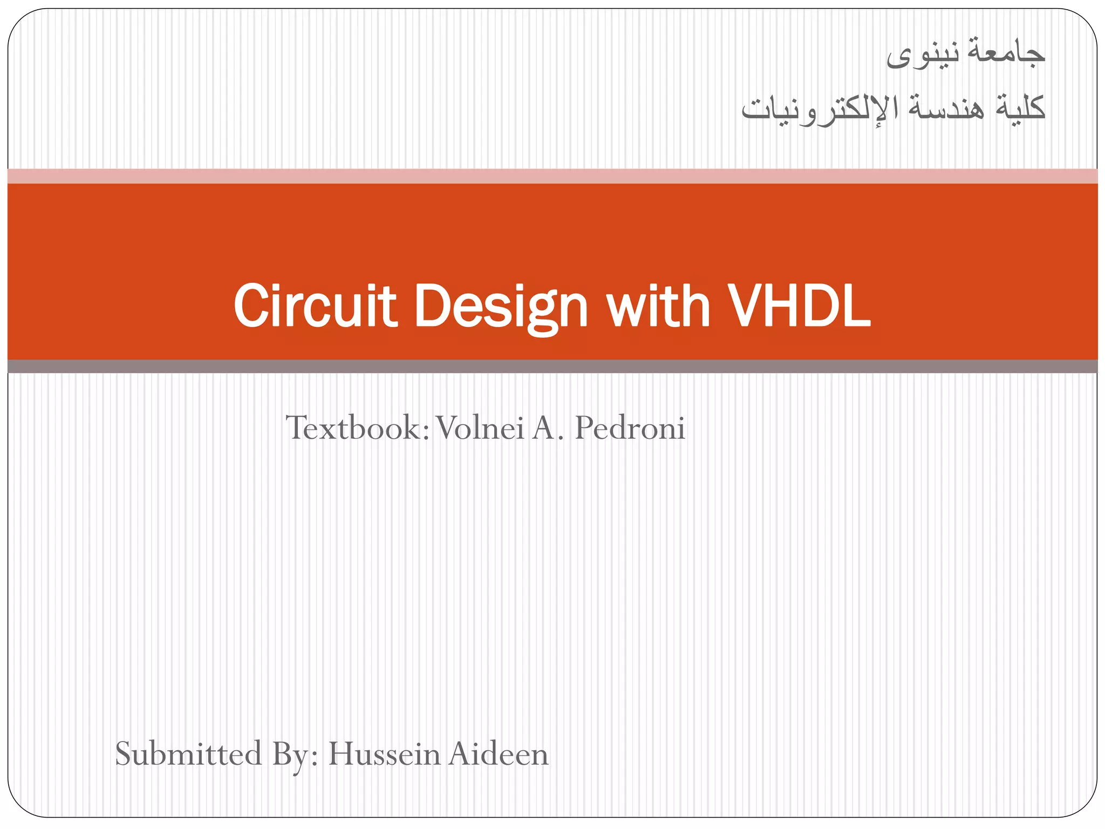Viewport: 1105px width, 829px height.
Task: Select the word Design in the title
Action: pos(500,307)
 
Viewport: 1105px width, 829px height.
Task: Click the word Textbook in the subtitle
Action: pos(357,428)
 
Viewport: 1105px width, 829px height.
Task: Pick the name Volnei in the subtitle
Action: pos(480,428)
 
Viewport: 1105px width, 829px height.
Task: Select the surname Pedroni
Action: pos(630,428)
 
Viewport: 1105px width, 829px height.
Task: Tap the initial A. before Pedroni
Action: pos(547,428)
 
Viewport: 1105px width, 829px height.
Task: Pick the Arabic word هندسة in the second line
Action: pos(946,107)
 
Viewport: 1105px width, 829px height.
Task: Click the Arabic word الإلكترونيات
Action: pos(820,108)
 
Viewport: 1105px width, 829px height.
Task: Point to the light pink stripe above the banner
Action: pos(552,176)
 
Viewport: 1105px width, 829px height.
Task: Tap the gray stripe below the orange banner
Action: pos(552,366)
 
